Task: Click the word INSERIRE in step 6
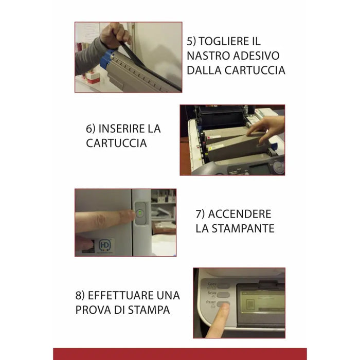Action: [121, 129]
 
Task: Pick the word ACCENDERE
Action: [240, 214]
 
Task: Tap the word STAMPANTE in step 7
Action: [243, 228]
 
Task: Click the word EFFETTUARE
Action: [121, 295]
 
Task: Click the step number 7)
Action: [200, 214]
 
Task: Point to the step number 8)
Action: [80, 296]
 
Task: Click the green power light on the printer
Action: [139, 213]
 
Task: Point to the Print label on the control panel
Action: [211, 302]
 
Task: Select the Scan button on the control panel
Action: [223, 295]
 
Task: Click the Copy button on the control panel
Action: [223, 286]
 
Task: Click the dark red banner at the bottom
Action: [180, 354]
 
